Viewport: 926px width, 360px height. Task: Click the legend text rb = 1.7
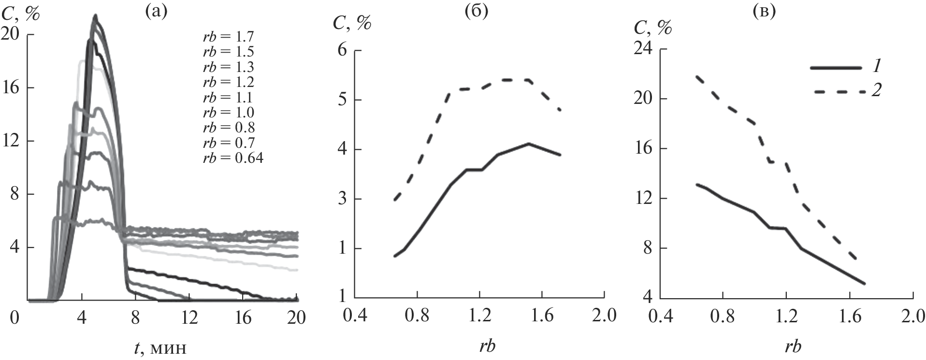point(228,37)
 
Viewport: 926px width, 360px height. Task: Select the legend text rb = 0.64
point(233,158)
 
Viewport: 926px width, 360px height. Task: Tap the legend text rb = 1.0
point(228,113)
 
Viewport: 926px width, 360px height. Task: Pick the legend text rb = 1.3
point(228,67)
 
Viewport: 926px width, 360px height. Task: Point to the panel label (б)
point(476,12)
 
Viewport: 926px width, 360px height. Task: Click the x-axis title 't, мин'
point(159,347)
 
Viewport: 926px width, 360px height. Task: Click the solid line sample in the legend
point(836,68)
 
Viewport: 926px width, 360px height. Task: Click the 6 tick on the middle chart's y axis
point(343,51)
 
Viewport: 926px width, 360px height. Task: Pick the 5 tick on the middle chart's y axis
point(343,100)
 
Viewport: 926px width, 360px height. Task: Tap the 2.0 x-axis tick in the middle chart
point(604,317)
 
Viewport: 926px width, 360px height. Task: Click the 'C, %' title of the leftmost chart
point(20,14)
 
